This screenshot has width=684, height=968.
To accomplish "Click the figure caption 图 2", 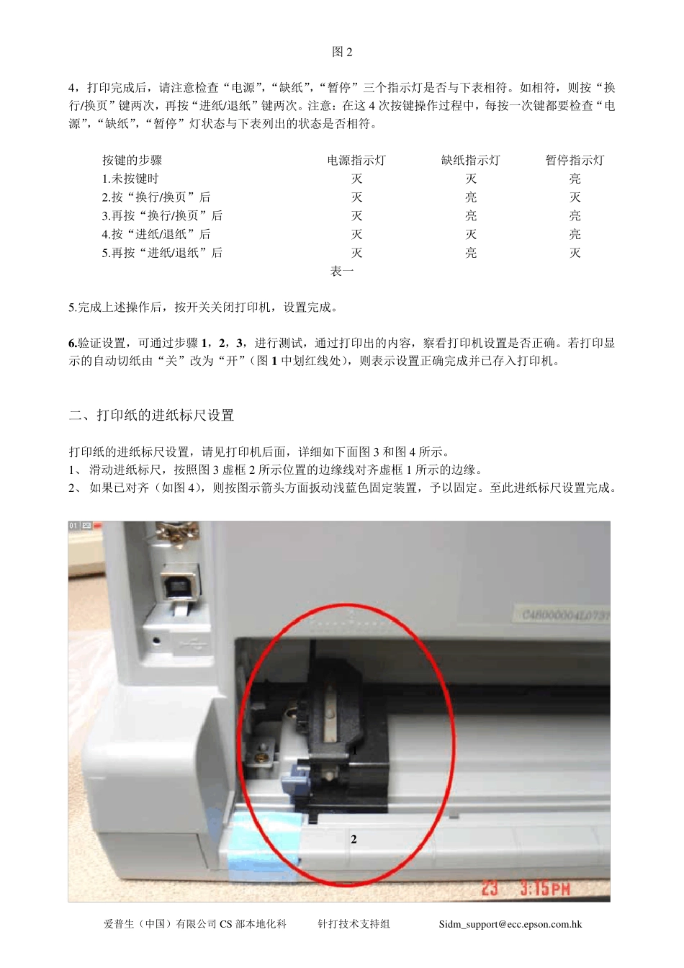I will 342,52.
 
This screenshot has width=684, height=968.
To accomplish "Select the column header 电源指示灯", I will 356,160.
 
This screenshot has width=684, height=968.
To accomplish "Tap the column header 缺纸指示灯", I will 470,160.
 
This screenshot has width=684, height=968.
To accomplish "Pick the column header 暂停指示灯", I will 575,160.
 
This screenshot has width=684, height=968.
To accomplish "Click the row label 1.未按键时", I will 130,179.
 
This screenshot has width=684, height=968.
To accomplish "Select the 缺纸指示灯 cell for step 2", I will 470,197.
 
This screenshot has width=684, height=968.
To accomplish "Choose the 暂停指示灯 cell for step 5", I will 575,253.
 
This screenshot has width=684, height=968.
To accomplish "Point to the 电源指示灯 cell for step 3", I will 356,215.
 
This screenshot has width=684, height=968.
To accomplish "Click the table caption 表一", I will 342,272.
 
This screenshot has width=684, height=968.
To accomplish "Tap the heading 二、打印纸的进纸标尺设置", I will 151,416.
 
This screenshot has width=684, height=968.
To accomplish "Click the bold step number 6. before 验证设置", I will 73,343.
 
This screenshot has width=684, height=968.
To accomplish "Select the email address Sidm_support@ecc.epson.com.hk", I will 510,924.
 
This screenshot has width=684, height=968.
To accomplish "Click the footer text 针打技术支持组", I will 354,924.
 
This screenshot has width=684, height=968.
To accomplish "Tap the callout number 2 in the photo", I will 354,839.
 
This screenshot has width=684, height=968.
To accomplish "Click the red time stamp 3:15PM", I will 545,887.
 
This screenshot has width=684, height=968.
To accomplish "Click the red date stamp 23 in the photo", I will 490,887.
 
